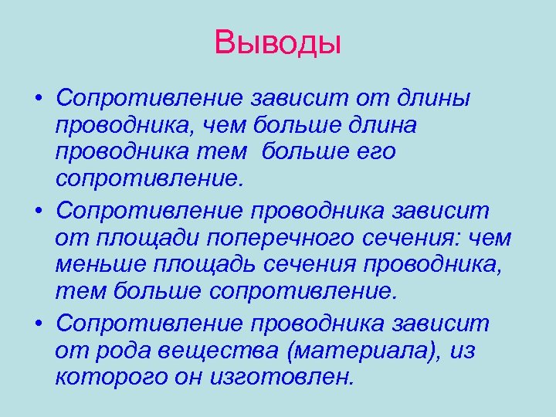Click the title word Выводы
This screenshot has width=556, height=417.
tap(278, 42)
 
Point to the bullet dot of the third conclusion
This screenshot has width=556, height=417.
tap(37, 323)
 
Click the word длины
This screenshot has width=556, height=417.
tap(436, 100)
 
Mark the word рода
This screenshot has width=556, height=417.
tap(124, 351)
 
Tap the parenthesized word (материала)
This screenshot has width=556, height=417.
tap(360, 351)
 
